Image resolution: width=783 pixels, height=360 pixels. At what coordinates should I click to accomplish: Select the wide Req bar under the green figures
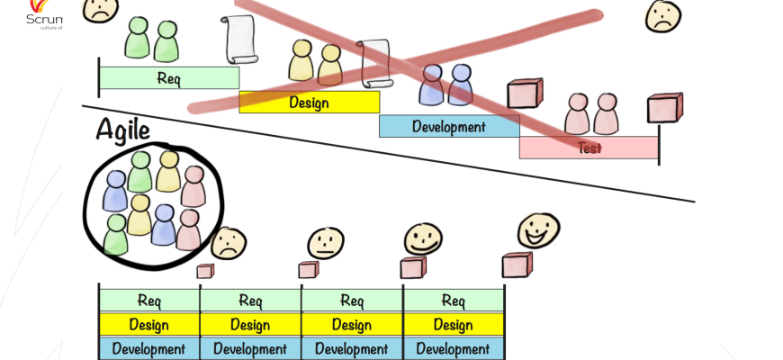(x=168, y=78)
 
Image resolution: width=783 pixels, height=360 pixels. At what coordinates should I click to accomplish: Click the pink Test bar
(x=589, y=148)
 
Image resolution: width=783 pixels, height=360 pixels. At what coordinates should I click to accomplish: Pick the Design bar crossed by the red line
(x=309, y=102)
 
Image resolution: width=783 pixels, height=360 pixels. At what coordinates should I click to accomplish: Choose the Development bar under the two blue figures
(x=448, y=126)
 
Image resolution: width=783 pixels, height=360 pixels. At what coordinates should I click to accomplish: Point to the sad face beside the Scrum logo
(x=101, y=9)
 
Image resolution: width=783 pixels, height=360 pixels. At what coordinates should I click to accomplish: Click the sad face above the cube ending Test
(x=663, y=15)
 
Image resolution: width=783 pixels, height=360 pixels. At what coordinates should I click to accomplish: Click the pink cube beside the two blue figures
(x=525, y=94)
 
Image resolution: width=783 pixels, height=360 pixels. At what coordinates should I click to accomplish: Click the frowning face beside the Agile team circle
(x=229, y=243)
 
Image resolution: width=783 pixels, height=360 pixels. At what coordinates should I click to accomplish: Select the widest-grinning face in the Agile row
(x=538, y=231)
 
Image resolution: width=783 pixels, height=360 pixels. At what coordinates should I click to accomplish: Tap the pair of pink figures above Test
(x=591, y=114)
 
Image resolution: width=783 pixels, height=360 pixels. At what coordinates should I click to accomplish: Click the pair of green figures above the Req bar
(x=152, y=40)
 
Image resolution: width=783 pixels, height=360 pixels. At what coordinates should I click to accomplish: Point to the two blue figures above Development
(x=446, y=85)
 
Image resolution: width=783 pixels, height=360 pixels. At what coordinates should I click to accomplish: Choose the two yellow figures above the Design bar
(x=316, y=63)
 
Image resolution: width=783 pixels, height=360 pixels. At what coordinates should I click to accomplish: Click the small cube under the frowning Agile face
(x=205, y=271)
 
